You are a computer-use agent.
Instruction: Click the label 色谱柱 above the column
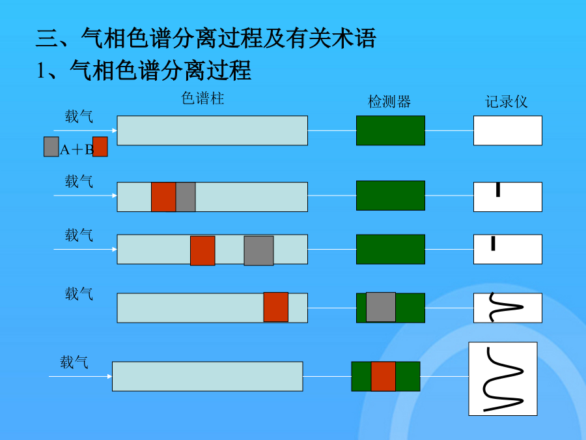tap(202, 98)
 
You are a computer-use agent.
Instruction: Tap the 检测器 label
tap(389, 102)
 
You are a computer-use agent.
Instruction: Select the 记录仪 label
tap(507, 102)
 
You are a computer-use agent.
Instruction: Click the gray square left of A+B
tap(51, 147)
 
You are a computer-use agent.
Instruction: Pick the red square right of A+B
tap(100, 147)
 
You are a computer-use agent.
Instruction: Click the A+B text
tap(77, 150)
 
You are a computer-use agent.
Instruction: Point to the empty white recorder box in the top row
tap(507, 130)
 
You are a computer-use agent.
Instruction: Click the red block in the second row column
tap(163, 197)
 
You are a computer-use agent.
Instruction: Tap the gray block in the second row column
tap(186, 197)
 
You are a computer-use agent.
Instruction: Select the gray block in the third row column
tap(258, 251)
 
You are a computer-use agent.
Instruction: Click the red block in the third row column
tap(202, 251)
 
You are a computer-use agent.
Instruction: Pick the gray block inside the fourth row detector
tap(381, 307)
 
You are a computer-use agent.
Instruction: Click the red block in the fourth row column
tap(276, 307)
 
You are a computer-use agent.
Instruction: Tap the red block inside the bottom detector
tap(383, 376)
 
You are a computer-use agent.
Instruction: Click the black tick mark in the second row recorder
tap(498, 189)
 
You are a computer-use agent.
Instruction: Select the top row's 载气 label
tap(79, 117)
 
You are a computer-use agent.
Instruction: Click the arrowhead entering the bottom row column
tap(110, 376)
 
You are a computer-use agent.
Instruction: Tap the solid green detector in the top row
tap(391, 130)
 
